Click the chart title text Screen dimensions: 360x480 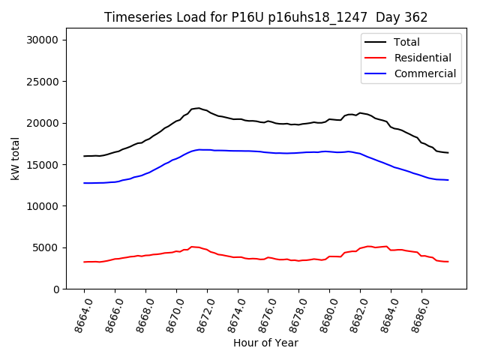(x=265, y=17)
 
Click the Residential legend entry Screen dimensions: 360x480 (x=422, y=58)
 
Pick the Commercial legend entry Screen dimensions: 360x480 (x=424, y=73)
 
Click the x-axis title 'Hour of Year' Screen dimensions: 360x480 (x=265, y=343)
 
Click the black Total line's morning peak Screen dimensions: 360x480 (x=198, y=108)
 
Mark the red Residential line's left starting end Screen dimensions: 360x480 (x=85, y=262)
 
